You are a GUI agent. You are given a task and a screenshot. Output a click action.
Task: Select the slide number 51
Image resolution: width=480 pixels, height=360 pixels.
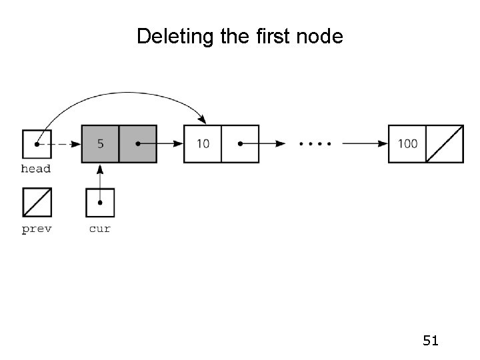coord(431,341)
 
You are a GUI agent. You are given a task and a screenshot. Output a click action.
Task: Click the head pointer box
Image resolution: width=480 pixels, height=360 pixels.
coord(36,143)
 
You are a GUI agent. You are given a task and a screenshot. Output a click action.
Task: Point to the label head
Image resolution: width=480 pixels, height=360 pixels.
coord(36,169)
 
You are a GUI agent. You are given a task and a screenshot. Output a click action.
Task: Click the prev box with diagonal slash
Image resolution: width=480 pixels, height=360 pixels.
coord(36,203)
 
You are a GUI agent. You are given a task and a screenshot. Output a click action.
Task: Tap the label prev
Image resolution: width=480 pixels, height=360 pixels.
coord(36,229)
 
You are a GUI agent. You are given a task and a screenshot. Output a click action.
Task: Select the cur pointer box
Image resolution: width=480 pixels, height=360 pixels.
coord(100,203)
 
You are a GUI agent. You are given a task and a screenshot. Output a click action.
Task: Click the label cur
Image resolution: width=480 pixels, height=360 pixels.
coord(100,229)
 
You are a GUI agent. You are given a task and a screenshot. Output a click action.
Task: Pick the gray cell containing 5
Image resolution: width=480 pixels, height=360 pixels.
coord(100,143)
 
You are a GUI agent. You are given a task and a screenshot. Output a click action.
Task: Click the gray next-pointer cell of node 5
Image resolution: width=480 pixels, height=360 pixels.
coord(138,143)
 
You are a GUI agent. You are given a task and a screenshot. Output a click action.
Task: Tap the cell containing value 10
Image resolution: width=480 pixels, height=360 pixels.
coord(203,143)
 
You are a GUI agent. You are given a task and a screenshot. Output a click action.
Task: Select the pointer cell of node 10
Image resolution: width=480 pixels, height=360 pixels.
coord(240,143)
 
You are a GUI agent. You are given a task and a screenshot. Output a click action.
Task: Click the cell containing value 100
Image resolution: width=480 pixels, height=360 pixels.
coord(407,143)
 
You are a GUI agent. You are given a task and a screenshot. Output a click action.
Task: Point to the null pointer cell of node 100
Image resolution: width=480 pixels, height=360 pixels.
coord(444,143)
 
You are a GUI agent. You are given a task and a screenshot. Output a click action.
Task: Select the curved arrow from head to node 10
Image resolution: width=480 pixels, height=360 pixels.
coord(120,97)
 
